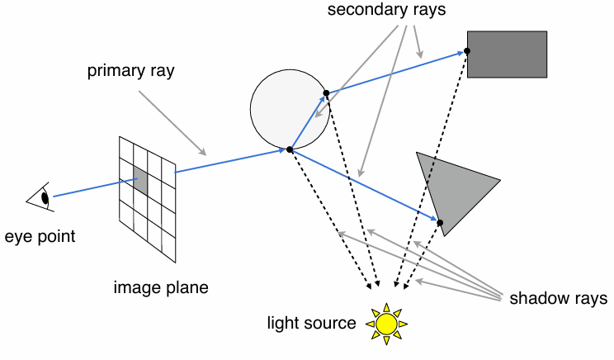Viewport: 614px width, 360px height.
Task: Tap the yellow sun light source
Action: tap(386, 323)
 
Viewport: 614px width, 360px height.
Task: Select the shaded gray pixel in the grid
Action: tap(140, 182)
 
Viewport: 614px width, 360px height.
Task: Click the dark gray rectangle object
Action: tap(507, 54)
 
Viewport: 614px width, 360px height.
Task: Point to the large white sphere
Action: tap(288, 109)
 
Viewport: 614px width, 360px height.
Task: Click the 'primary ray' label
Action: tap(131, 70)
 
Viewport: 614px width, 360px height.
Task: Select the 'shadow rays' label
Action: tap(559, 297)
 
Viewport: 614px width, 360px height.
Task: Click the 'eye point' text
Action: tap(40, 237)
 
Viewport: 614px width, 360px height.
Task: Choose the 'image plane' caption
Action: tap(161, 287)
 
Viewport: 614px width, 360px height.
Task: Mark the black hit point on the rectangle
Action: tap(467, 51)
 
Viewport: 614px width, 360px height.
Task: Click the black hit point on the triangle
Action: tap(440, 223)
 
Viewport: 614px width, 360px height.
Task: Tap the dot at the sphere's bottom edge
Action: tap(290, 149)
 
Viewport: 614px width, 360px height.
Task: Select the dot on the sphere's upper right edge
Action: tap(326, 92)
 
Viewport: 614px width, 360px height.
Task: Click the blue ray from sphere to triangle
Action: tap(363, 186)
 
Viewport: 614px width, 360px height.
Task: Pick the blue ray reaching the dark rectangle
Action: tap(396, 72)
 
